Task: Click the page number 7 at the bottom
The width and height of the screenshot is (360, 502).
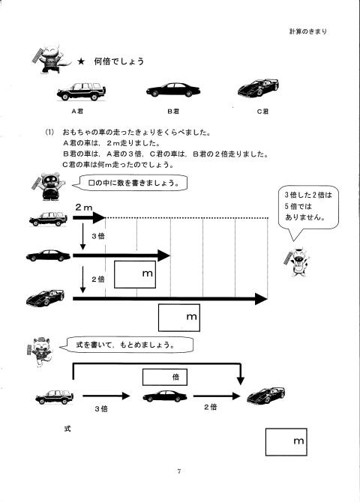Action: click(179, 471)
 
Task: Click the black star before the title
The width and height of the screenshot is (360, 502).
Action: click(81, 61)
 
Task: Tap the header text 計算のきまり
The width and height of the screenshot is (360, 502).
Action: click(308, 31)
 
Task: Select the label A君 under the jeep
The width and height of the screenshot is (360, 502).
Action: click(77, 111)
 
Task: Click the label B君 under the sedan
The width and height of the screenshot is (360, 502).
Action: click(173, 111)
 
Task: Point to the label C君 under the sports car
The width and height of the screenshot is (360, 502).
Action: click(262, 111)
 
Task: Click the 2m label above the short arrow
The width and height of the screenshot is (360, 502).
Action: click(84, 207)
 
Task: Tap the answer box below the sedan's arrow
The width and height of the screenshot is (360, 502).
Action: click(135, 274)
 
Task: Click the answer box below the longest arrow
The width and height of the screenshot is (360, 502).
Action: click(179, 318)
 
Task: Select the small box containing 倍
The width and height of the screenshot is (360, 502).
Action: click(165, 377)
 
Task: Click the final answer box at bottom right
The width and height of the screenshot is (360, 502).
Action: click(286, 442)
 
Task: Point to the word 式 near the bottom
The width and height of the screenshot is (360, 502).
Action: click(67, 429)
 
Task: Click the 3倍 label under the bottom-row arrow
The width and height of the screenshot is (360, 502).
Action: click(101, 409)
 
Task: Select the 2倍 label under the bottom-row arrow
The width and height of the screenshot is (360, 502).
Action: click(211, 407)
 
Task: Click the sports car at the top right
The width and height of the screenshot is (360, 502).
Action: click(258, 88)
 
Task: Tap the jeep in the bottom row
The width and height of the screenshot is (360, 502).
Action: click(55, 397)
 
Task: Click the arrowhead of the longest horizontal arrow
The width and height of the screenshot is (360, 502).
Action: click(261, 299)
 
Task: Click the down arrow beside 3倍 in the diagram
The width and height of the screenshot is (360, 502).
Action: click(82, 237)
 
